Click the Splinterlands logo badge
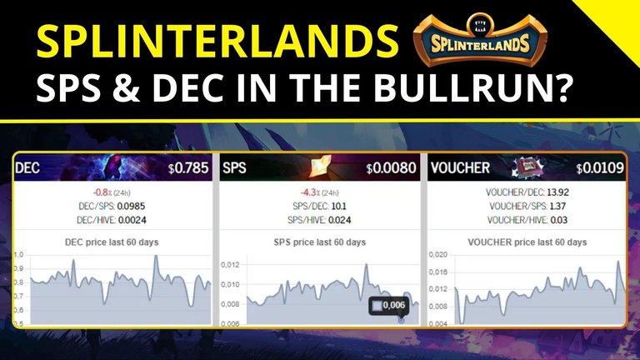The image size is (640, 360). (x=480, y=40)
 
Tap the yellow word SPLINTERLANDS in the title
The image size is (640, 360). (x=217, y=41)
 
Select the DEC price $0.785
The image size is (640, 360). (x=188, y=167)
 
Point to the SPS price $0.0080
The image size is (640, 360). (x=391, y=167)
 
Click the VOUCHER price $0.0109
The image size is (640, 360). (x=600, y=167)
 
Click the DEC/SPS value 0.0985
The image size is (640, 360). (x=131, y=206)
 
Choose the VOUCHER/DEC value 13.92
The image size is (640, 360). (x=558, y=192)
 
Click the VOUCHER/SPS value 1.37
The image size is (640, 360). (x=557, y=206)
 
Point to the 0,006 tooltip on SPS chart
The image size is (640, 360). (x=388, y=306)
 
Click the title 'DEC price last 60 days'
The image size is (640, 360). (x=112, y=242)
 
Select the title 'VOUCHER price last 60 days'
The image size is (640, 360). (x=527, y=242)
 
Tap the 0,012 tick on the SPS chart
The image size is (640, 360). (x=230, y=265)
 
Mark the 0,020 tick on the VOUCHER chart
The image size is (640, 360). (x=438, y=255)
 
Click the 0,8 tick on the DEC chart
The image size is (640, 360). (x=19, y=282)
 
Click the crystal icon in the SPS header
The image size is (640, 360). (x=320, y=167)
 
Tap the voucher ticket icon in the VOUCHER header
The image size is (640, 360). (x=528, y=167)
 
